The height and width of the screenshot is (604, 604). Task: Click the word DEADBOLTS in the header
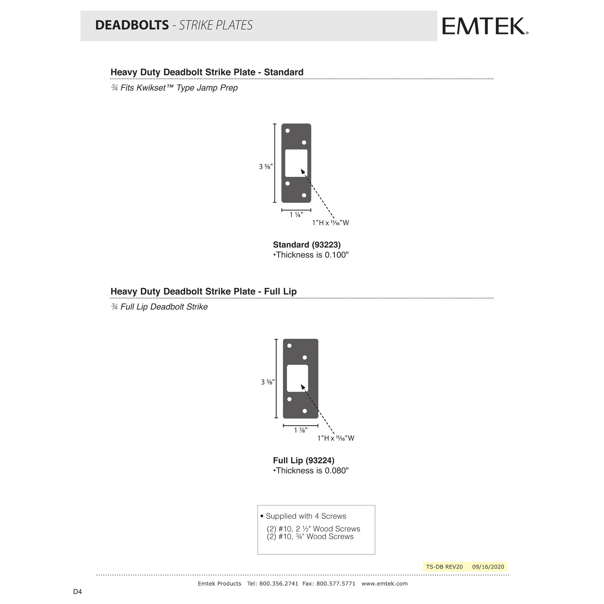[x=132, y=25]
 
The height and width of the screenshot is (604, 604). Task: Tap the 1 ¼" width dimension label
[x=296, y=215]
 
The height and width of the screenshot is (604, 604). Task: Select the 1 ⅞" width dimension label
[x=300, y=430]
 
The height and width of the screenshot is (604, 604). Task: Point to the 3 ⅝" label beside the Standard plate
[x=265, y=167]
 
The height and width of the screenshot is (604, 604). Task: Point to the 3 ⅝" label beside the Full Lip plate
[x=268, y=382]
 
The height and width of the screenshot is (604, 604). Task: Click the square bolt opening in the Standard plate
[x=296, y=163]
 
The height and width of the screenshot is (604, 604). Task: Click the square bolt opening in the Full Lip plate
[x=297, y=378]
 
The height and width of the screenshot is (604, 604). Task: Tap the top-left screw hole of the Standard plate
[x=288, y=131]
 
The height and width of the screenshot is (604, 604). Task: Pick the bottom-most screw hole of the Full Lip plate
[x=304, y=411]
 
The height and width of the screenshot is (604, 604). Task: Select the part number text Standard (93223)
[x=306, y=245]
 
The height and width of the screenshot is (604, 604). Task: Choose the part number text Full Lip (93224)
[x=303, y=461]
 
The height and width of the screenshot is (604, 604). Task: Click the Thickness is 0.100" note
[x=311, y=255]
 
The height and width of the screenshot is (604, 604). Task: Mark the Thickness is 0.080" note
[x=311, y=471]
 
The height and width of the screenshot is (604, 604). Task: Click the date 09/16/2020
[x=488, y=567]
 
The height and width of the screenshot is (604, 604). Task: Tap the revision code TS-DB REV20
[x=444, y=567]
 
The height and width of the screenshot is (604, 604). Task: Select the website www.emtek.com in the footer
[x=384, y=584]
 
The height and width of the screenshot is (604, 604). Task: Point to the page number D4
[x=77, y=592]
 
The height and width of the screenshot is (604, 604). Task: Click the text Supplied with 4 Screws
[x=305, y=516]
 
